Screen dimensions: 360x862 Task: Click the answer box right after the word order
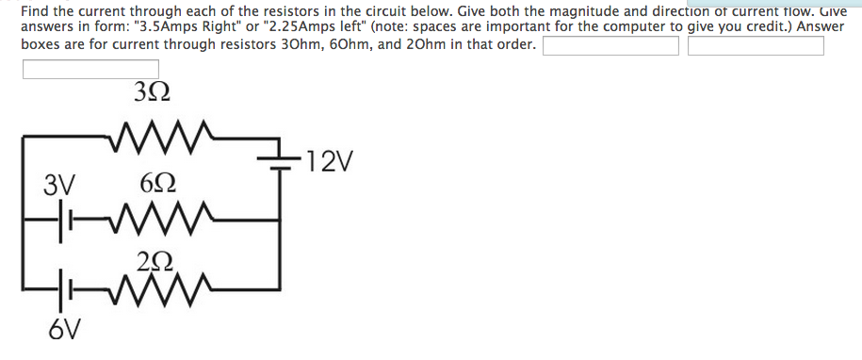click(x=610, y=46)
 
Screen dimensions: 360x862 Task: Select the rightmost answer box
click(x=756, y=46)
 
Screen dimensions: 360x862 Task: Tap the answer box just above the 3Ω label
click(x=90, y=70)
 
